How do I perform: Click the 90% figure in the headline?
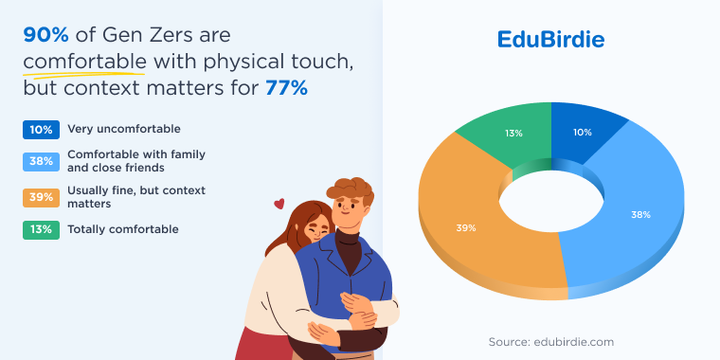[x=46, y=36]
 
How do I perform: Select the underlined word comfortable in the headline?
[x=85, y=63]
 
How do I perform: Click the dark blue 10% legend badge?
[x=42, y=129]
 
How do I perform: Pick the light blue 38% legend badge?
[x=42, y=160]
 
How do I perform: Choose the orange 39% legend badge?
[x=42, y=197]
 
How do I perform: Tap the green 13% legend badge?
[x=42, y=228]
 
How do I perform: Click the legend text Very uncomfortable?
[x=123, y=129]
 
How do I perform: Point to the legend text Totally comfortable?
[x=122, y=228]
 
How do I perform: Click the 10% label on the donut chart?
[x=582, y=132]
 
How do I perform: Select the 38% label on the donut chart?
[x=641, y=214]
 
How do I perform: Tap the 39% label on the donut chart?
[x=465, y=228]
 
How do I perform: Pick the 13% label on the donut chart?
[x=513, y=134]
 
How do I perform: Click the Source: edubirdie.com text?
[x=551, y=341]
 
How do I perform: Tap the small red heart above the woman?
[x=279, y=203]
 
